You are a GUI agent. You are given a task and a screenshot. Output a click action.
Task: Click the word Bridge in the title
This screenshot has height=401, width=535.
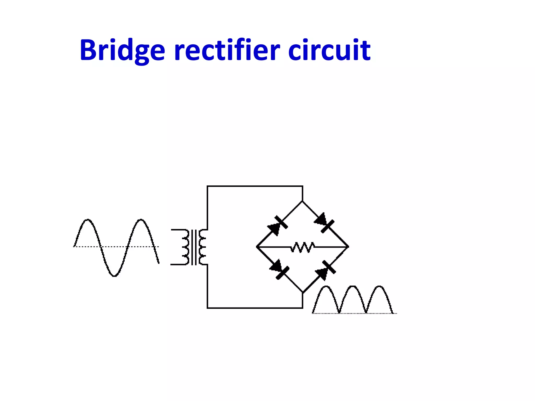pos(122,50)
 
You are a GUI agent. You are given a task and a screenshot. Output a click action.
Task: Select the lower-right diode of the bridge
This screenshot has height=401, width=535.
pos(325,270)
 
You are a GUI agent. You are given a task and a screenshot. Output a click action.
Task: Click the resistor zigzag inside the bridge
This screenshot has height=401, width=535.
pos(303,247)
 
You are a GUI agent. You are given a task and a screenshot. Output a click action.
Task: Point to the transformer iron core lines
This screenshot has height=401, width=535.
pos(194,247)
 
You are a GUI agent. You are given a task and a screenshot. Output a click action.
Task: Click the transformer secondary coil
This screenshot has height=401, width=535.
pos(202,247)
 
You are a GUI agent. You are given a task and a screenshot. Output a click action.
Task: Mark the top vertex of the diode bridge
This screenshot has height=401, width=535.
pos(303,201)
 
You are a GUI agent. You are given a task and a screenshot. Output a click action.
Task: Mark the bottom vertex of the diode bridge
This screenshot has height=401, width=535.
pos(303,292)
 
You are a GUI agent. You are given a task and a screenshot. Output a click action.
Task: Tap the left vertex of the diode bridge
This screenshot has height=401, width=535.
pos(257,246)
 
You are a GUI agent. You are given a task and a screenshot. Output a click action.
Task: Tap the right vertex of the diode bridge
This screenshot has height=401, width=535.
pos(348,246)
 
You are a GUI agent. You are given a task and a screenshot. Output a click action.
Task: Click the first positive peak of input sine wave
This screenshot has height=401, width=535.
pos(88,220)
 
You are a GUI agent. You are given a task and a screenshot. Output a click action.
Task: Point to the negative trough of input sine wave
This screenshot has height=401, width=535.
pos(114,276)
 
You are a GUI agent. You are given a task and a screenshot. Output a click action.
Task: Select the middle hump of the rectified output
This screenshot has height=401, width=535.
pos(352,287)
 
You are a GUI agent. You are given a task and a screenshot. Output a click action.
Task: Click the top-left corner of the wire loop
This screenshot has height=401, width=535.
pos(207,186)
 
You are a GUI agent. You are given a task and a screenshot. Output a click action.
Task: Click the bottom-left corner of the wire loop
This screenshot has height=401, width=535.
pos(207,308)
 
